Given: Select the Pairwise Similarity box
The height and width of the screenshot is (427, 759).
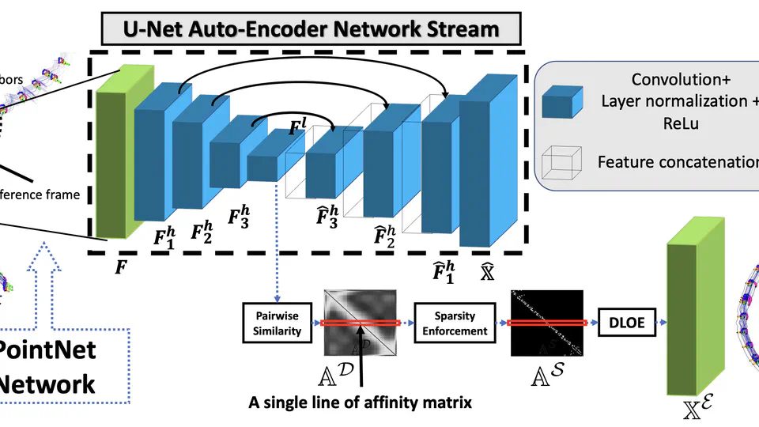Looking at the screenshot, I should click(x=272, y=323).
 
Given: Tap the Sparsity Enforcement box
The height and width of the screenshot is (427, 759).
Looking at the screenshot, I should click(x=448, y=323).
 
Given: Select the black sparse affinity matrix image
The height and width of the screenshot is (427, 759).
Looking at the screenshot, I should click(x=546, y=322).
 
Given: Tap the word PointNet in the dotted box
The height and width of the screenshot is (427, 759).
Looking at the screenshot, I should click(x=43, y=349).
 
